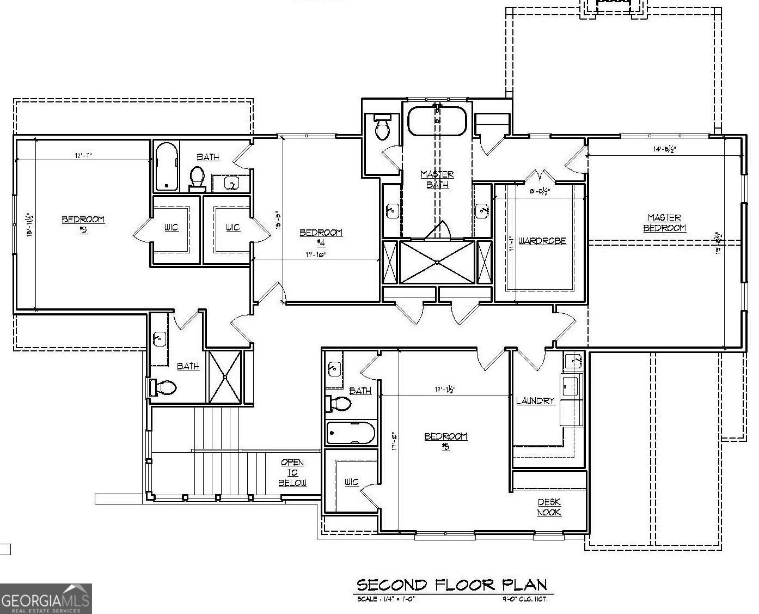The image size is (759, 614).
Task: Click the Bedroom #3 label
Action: pyautogui.click(x=83, y=224)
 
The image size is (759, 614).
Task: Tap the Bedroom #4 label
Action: pyautogui.click(x=321, y=237)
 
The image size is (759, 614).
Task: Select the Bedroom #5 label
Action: pyautogui.click(x=445, y=441)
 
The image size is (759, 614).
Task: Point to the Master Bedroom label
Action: pyautogui.click(x=664, y=223)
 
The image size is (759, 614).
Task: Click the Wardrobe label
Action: pyautogui.click(x=542, y=241)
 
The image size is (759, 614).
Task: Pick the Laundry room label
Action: pyautogui.click(x=535, y=401)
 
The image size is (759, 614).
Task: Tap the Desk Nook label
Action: pyautogui.click(x=549, y=507)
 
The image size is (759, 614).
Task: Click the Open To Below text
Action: pyautogui.click(x=292, y=472)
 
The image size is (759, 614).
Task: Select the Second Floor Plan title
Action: pyautogui.click(x=451, y=585)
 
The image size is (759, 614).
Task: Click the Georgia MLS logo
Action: pyautogui.click(x=46, y=599)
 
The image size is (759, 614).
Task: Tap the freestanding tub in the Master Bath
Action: pyautogui.click(x=437, y=121)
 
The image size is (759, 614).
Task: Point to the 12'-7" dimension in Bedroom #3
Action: pyautogui.click(x=83, y=156)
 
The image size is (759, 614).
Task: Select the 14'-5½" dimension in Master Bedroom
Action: pyautogui.click(x=664, y=149)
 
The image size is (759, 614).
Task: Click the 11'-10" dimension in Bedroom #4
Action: pyautogui.click(x=315, y=254)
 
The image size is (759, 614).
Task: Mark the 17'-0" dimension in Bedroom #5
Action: pyautogui.click(x=393, y=441)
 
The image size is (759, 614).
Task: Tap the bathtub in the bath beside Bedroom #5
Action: pyautogui.click(x=351, y=434)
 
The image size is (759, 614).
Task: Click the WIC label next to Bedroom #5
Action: pyautogui.click(x=351, y=482)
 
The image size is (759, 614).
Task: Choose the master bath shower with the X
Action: pyautogui.click(x=437, y=262)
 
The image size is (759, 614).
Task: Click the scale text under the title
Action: pyautogui.click(x=386, y=599)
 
